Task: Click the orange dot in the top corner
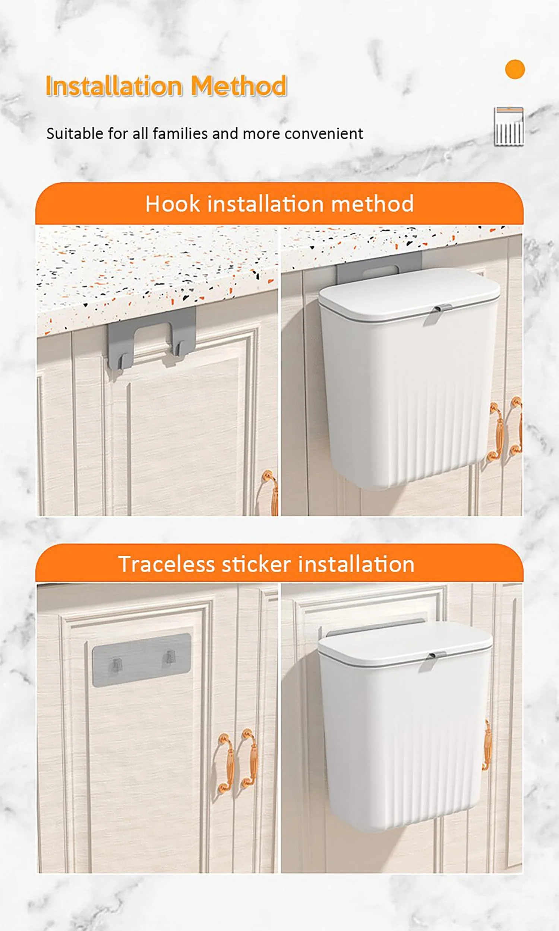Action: coord(515,69)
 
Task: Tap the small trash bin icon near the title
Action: coord(509,127)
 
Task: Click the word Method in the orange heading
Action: coord(239,86)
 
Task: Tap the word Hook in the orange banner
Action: coord(173,204)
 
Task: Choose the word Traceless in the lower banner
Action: coord(167,564)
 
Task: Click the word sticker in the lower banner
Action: coord(256,564)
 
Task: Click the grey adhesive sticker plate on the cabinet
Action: coord(142,659)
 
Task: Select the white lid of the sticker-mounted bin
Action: coord(405,643)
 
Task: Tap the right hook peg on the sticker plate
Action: coord(170,658)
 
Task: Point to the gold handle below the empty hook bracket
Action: coord(271,492)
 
